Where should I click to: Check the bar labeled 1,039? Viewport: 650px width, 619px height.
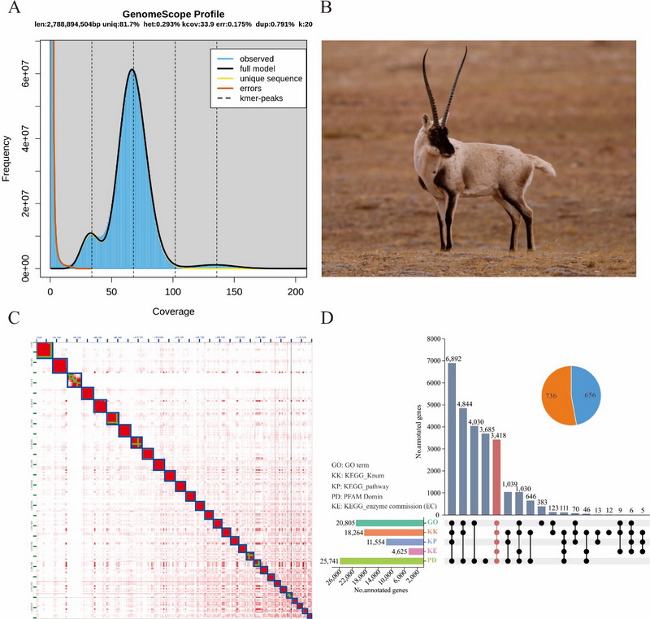coord(508,503)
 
